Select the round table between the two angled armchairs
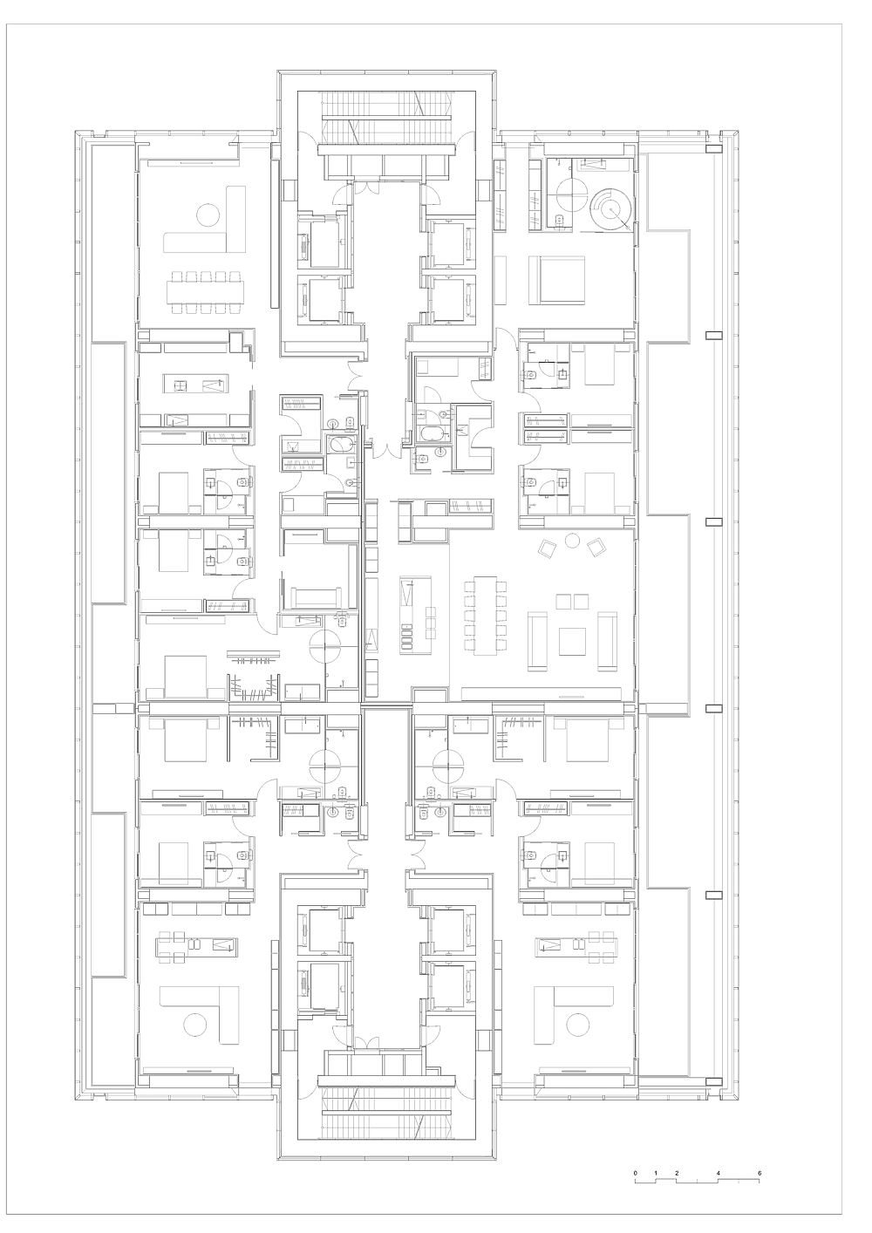click(573, 542)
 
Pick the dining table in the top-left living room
click(207, 293)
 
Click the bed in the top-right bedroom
click(556, 280)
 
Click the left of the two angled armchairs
click(548, 548)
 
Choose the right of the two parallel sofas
click(608, 641)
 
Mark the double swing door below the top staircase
click(366, 187)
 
